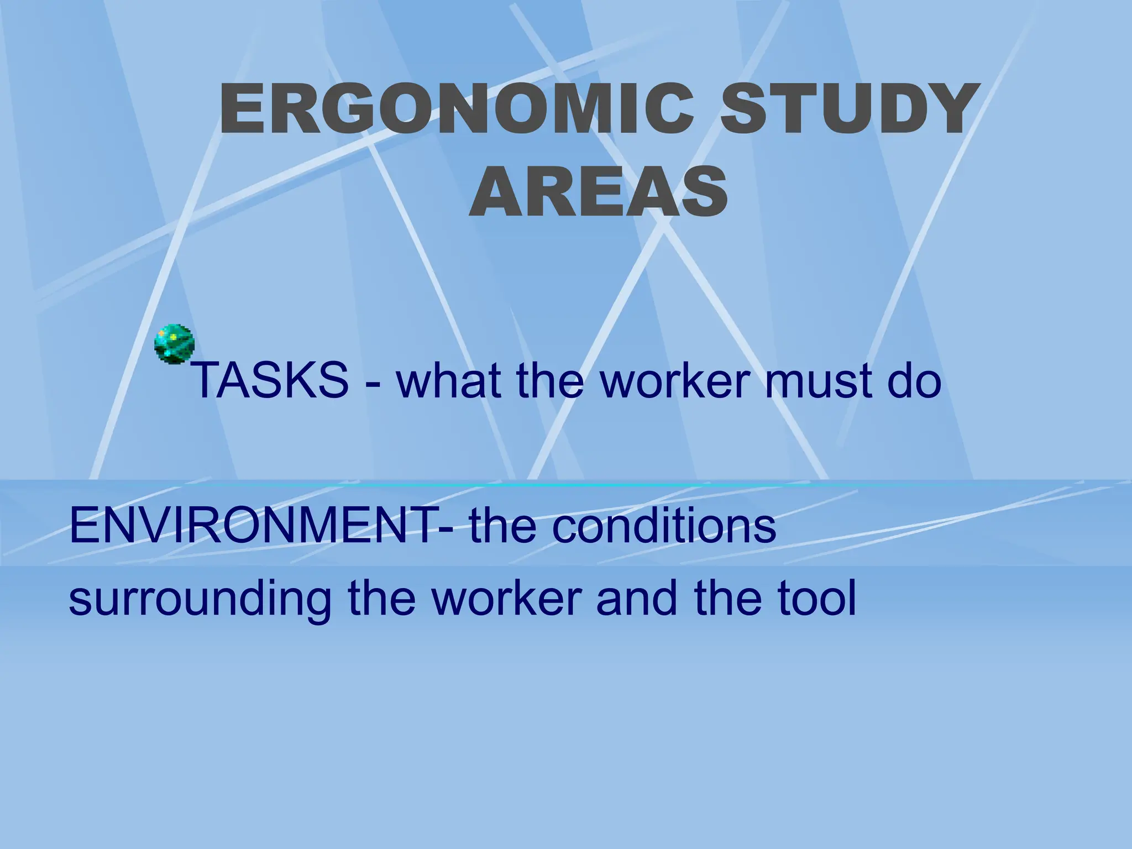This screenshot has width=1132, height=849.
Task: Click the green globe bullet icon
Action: pyautogui.click(x=175, y=343)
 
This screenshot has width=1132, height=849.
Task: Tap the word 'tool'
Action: pyautogui.click(x=817, y=598)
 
